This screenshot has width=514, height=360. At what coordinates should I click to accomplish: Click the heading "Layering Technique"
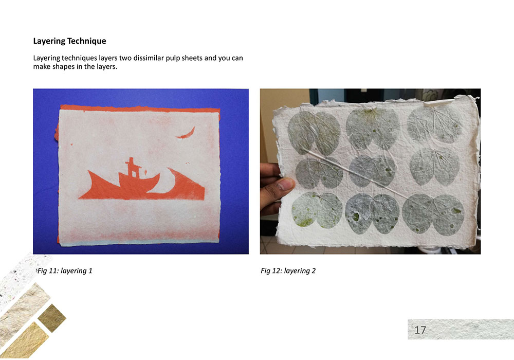click(69, 41)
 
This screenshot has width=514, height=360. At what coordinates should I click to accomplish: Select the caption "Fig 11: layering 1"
click(65, 271)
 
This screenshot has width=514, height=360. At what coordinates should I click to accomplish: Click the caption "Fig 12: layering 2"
click(288, 271)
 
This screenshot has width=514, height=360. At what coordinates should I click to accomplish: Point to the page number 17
click(420, 330)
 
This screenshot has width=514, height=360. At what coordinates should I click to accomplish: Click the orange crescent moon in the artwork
click(186, 134)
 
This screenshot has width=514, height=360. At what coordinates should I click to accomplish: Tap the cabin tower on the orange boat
click(133, 167)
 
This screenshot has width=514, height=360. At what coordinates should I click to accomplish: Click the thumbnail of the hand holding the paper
click(286, 184)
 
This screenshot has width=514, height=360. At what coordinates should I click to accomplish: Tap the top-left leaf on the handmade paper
click(314, 133)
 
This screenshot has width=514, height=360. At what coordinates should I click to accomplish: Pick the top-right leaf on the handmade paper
click(433, 124)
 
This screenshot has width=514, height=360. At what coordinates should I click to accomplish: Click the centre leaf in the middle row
click(372, 171)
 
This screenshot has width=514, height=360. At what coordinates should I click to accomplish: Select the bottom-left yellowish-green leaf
click(317, 210)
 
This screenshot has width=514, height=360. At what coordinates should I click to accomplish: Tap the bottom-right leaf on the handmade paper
click(433, 214)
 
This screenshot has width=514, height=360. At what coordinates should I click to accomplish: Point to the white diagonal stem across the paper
click(354, 174)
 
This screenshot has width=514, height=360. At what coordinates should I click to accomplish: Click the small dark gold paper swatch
click(52, 318)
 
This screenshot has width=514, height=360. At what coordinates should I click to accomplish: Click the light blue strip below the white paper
click(139, 242)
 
